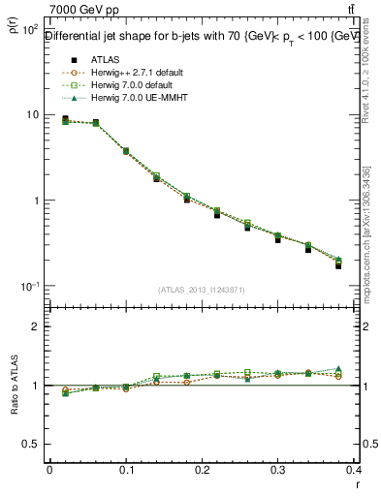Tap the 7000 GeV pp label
[x=78, y=9]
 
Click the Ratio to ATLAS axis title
[x=15, y=387]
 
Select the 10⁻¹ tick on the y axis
[x=29, y=287]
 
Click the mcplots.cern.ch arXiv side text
[x=369, y=228]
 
